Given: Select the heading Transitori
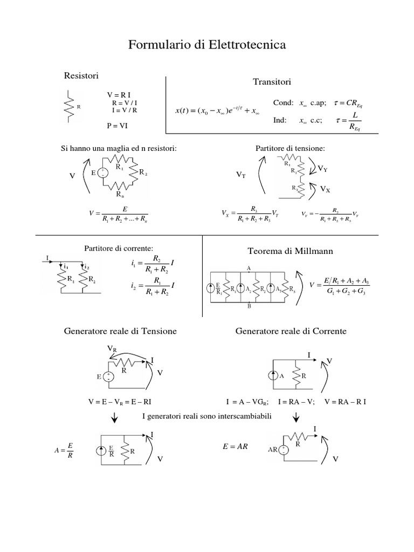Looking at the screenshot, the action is coord(272,82).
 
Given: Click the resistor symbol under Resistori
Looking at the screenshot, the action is coord(68,106).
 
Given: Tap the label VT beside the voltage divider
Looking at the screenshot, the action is coord(241,176).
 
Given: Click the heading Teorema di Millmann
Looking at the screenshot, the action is coord(290,251).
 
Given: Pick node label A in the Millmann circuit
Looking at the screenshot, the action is coord(249,267).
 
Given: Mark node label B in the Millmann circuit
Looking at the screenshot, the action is coord(249,306).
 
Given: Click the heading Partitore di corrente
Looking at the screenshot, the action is coord(119,247).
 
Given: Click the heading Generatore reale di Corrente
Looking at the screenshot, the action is coord(291,330).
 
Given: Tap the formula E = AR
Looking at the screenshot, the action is coord(235,447).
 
